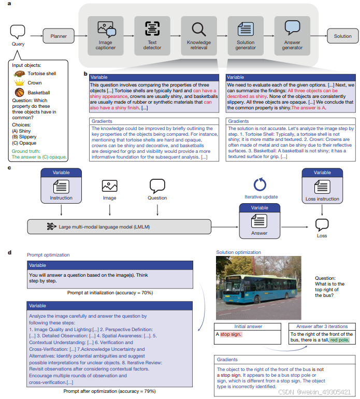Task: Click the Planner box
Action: [x=59, y=36]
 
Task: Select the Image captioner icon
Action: [x=106, y=28]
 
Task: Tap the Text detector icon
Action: [x=152, y=28]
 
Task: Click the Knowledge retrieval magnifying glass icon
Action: [x=199, y=28]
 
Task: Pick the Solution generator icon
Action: [x=246, y=28]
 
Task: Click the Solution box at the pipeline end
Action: [x=342, y=36]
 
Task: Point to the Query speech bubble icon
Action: [x=18, y=32]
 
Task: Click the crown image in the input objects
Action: [x=20, y=83]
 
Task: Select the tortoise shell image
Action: [x=20, y=73]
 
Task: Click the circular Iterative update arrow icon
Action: [x=261, y=185]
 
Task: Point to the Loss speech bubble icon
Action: [x=322, y=224]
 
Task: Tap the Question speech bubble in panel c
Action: [x=157, y=187]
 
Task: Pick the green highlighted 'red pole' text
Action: [x=340, y=340]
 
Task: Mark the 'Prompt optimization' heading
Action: [x=48, y=255]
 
